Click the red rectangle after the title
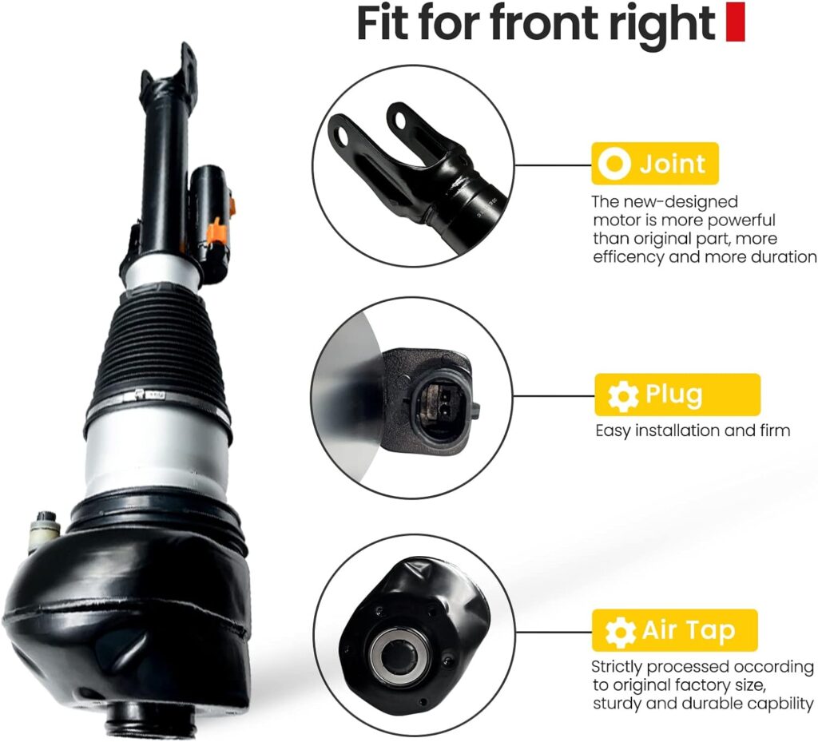coord(735,22)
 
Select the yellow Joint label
coord(654,164)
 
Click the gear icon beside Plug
coord(622,395)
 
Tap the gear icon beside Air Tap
coord(620,632)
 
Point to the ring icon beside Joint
coord(615,165)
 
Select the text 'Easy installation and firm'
coord(693,431)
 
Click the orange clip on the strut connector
coord(215,233)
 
